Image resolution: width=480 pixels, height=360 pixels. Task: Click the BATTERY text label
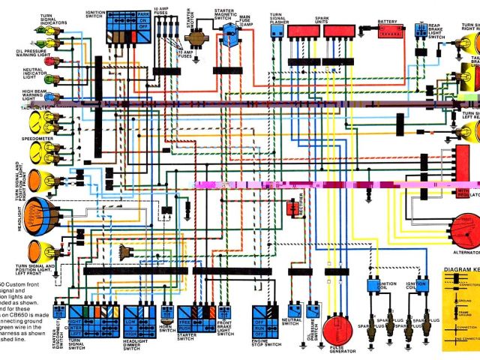coord(388,21)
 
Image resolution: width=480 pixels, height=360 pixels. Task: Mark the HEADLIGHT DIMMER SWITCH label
coord(136,346)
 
